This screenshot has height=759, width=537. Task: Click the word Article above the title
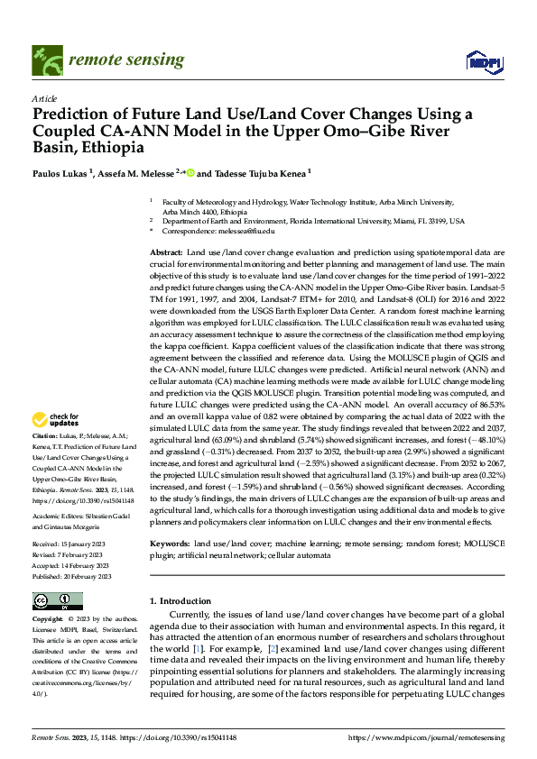pos(44,99)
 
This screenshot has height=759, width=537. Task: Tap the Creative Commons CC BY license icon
pos(57,601)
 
